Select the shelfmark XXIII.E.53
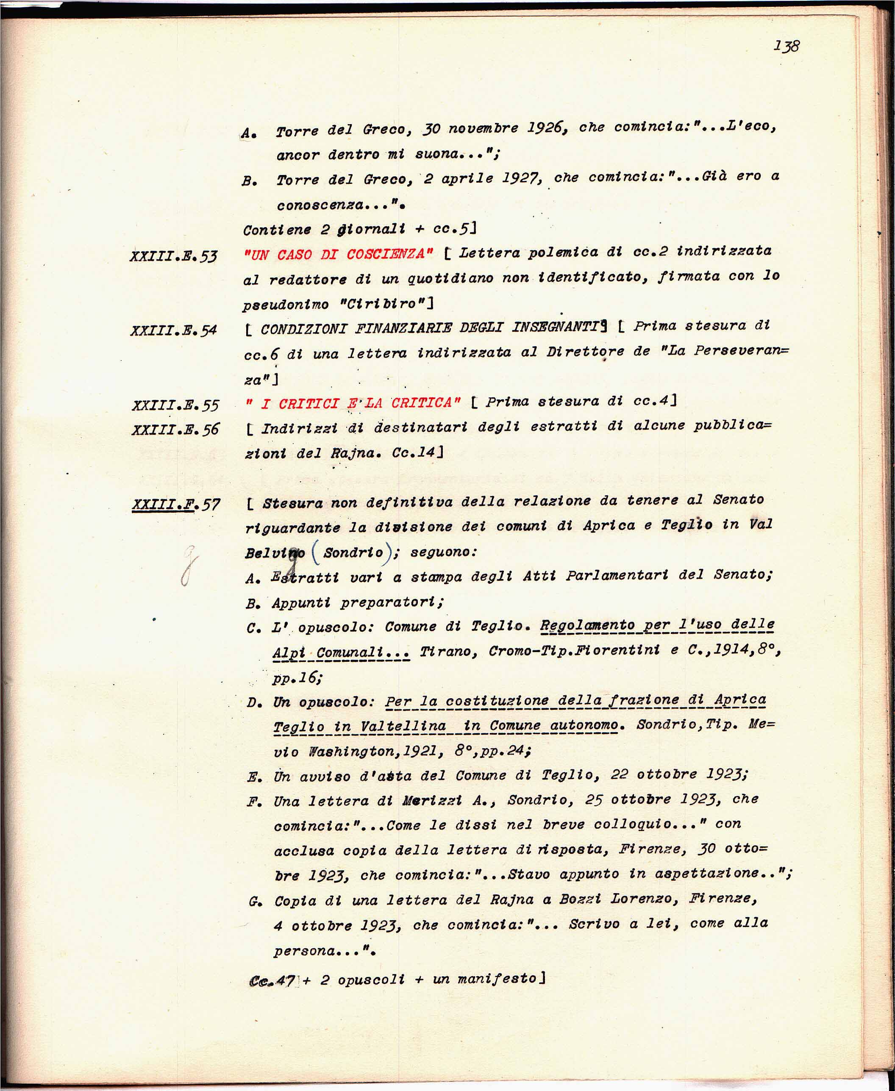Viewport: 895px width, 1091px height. click(x=174, y=256)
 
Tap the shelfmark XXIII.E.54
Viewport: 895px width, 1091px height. click(x=174, y=330)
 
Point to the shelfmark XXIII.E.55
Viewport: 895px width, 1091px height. click(x=175, y=405)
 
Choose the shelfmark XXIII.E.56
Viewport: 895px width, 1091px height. click(x=175, y=429)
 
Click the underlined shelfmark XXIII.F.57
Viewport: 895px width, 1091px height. click(x=176, y=504)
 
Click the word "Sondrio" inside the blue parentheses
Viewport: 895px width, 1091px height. click(x=353, y=552)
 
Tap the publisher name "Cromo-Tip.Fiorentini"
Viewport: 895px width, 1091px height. click(x=574, y=650)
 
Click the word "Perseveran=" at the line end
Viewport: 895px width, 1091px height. click(x=741, y=351)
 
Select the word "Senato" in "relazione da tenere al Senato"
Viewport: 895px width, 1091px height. click(x=738, y=500)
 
